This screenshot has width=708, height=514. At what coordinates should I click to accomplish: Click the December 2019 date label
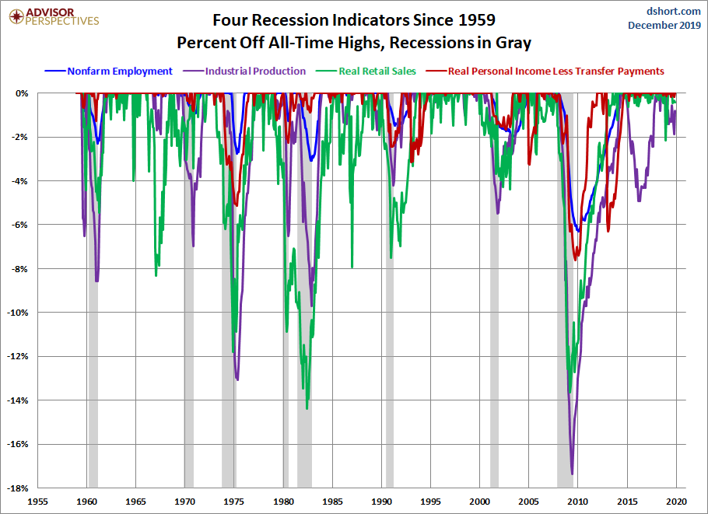pyautogui.click(x=665, y=25)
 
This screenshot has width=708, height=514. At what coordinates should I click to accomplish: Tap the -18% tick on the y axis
pyautogui.click(x=17, y=488)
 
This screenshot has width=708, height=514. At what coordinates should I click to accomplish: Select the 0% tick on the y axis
pyautogui.click(x=21, y=93)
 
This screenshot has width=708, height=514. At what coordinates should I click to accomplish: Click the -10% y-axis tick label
pyautogui.click(x=17, y=313)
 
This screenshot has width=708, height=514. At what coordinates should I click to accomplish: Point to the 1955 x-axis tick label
pyautogui.click(x=38, y=502)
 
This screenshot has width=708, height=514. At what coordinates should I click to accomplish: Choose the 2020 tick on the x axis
pyautogui.click(x=675, y=502)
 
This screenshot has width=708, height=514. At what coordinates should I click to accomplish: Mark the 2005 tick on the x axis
pyautogui.click(x=528, y=502)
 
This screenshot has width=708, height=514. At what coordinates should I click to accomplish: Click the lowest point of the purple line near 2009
pyautogui.click(x=572, y=474)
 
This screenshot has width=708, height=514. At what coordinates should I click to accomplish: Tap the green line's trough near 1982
pyautogui.click(x=307, y=408)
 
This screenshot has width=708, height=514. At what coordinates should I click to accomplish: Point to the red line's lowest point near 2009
pyautogui.click(x=576, y=260)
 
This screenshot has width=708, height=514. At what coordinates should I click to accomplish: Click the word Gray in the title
pyautogui.click(x=513, y=41)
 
